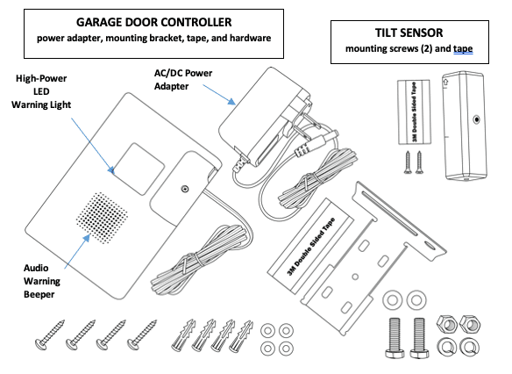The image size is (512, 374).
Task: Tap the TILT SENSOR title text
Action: (405, 32)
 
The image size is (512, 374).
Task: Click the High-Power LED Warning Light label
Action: (46, 92)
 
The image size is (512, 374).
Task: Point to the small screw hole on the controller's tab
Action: (184, 187)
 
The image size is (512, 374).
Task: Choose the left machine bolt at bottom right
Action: (395, 334)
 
